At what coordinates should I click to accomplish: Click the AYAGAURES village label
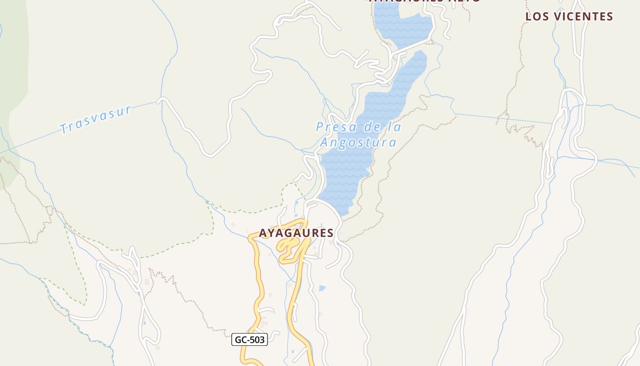pyautogui.click(x=296, y=233)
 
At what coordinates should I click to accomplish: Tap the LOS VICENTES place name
pyautogui.click(x=569, y=16)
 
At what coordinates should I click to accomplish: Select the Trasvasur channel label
pyautogui.click(x=96, y=120)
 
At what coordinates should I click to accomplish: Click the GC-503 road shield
pyautogui.click(x=250, y=340)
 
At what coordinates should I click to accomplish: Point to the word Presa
pyautogui.click(x=332, y=127)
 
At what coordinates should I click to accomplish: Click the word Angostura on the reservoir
pyautogui.click(x=358, y=143)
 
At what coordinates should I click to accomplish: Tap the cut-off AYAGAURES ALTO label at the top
pyautogui.click(x=425, y=1)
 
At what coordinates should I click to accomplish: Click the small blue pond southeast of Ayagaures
pyautogui.click(x=322, y=288)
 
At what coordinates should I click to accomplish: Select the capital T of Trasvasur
pyautogui.click(x=64, y=129)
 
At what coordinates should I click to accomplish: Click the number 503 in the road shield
pyautogui.click(x=256, y=340)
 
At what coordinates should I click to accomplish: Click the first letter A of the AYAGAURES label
pyautogui.click(x=263, y=233)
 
